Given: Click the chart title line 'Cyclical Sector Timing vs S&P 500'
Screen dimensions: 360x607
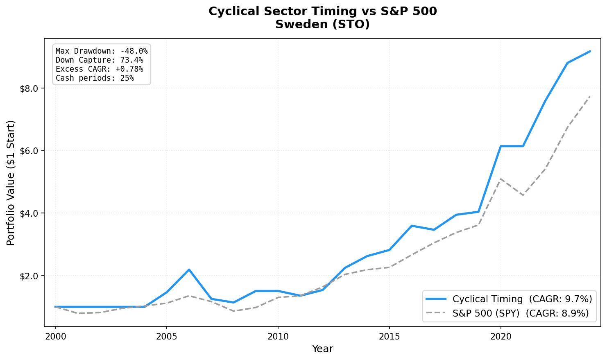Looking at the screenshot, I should [322, 11].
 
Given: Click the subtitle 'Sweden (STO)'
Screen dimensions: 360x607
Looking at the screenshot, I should [322, 25].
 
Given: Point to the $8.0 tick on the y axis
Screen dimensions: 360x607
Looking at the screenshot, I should [29, 88].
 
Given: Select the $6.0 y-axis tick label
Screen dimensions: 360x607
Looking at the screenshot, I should [29, 151].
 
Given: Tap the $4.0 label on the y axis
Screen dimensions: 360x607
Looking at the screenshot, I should [29, 213].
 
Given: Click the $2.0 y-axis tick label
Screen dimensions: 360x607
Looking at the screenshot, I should [29, 276].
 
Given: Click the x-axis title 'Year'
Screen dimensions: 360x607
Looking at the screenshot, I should [322, 349].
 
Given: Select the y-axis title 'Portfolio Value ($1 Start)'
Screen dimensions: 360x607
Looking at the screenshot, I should [11, 183].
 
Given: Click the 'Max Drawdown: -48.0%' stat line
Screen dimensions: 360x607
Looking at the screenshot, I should [102, 51].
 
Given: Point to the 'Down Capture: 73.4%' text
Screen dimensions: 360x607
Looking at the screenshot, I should [99, 60].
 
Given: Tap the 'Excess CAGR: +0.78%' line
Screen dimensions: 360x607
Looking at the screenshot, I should [99, 69].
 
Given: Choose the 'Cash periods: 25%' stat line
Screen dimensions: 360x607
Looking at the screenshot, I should [95, 78].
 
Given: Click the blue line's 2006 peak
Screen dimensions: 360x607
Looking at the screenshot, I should [189, 269].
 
